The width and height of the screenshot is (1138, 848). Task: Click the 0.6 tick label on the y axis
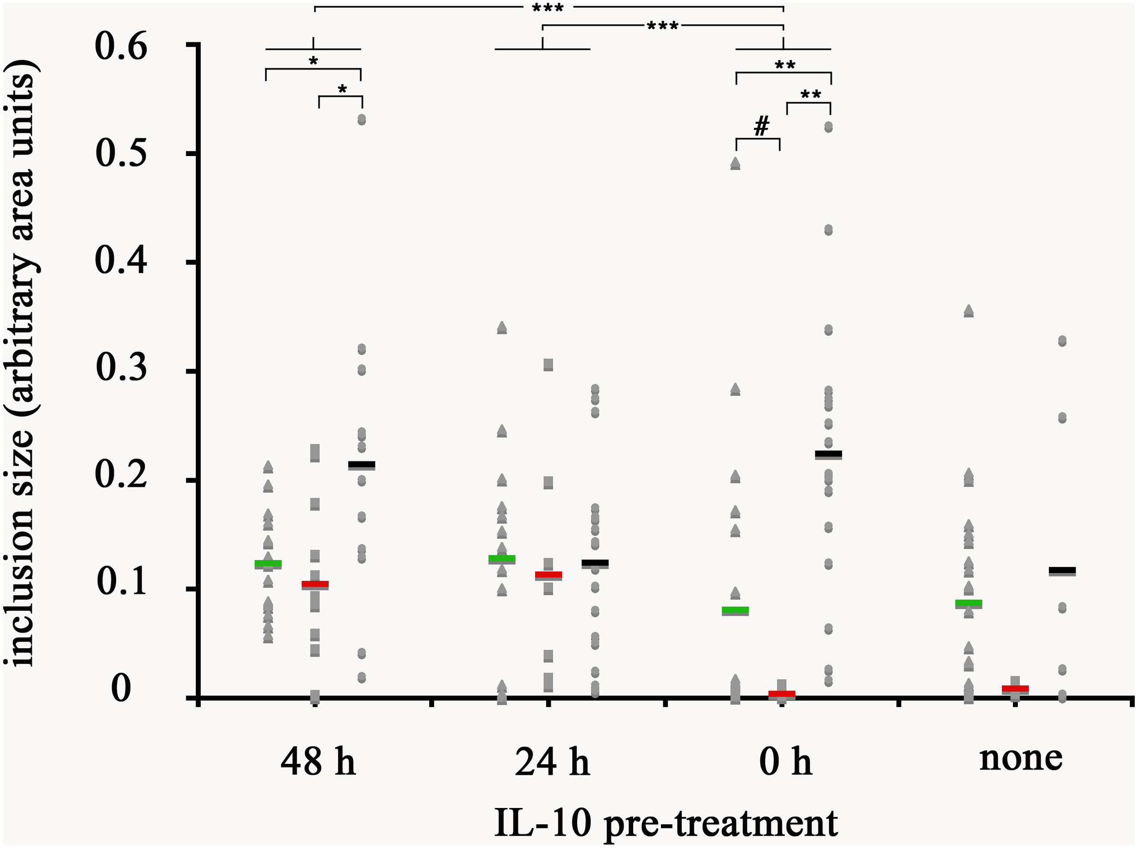click(x=121, y=47)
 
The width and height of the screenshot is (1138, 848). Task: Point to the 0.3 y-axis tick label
click(x=121, y=368)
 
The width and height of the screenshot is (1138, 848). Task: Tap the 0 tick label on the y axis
click(x=121, y=689)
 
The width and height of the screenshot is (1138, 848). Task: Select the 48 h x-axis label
click(x=318, y=763)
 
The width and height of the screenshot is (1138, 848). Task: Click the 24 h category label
click(x=552, y=763)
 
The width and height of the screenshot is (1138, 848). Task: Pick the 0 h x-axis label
click(x=785, y=763)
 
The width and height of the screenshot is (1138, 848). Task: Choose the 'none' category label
click(x=1021, y=759)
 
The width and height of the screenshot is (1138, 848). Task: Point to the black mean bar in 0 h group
click(x=828, y=454)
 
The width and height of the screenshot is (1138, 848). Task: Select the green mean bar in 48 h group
click(x=268, y=563)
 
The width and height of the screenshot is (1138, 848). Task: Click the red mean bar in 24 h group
click(x=549, y=575)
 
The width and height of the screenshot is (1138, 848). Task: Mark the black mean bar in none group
click(x=1062, y=570)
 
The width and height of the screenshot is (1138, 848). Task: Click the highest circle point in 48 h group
click(x=361, y=120)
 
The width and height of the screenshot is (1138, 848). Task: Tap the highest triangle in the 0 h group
click(x=736, y=163)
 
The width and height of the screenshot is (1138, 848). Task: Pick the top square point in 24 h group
click(x=549, y=364)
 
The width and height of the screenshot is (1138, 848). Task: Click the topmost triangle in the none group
click(x=969, y=311)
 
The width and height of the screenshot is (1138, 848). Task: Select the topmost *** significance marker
click(x=548, y=8)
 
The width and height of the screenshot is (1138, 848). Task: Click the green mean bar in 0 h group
click(x=736, y=610)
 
